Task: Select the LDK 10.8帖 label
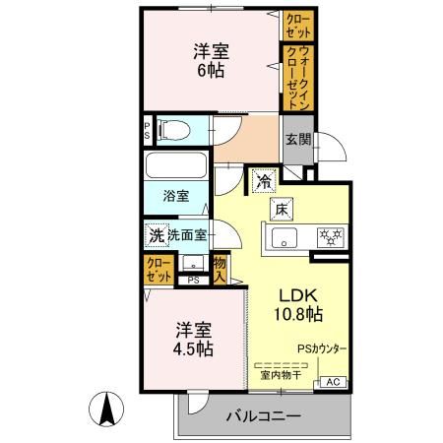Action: [x=299, y=306]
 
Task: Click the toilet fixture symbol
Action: [x=171, y=129]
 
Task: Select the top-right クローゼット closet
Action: [x=296, y=23]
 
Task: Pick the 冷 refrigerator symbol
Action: [x=263, y=180]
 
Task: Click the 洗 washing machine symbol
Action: [x=156, y=235]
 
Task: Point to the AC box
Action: [x=332, y=382]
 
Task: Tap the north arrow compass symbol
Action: [x=105, y=407]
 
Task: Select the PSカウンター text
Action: [x=323, y=348]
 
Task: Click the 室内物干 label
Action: [x=281, y=374]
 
